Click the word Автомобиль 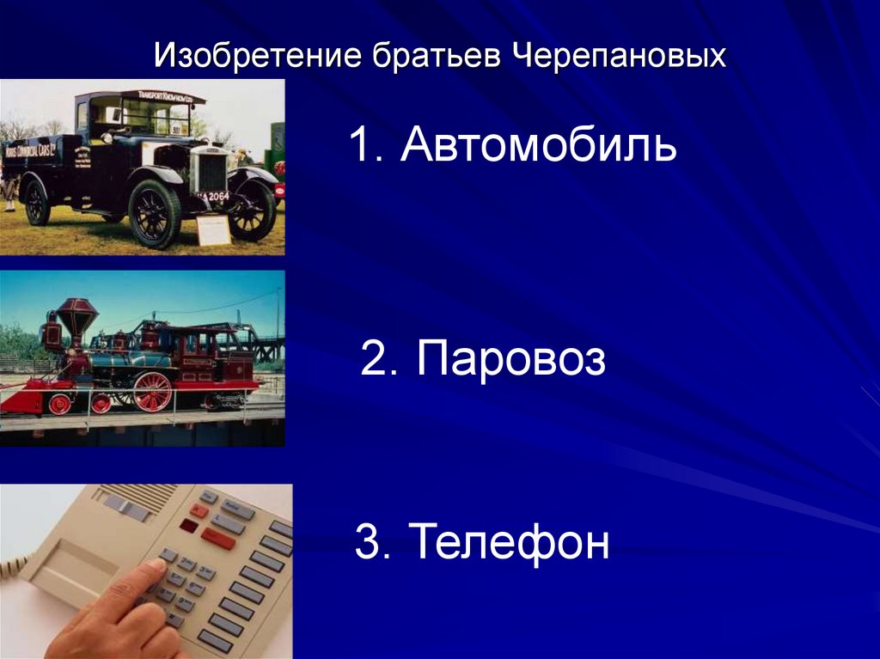click(x=539, y=146)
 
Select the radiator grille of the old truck click(x=210, y=169)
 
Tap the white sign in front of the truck click(x=213, y=229)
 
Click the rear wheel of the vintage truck click(x=37, y=202)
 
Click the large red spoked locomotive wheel click(x=152, y=392)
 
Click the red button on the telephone click(x=217, y=537)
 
